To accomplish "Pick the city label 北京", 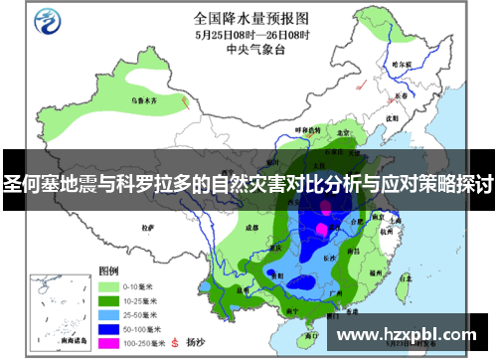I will click(341, 131).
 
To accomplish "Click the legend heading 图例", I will click(107, 270).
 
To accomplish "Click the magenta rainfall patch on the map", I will click(321, 230).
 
